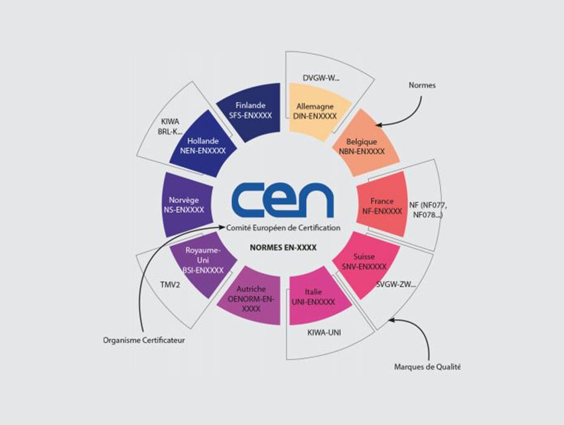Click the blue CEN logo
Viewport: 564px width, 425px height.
(283, 200)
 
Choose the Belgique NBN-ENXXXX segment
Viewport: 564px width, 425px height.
(364, 145)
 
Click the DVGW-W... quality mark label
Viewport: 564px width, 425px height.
(321, 78)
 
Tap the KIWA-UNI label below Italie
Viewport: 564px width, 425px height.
(324, 333)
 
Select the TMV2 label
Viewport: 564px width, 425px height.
(170, 285)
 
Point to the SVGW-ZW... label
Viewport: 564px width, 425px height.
(396, 284)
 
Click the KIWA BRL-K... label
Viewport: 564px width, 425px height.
(170, 127)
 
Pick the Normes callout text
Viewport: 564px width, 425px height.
(422, 86)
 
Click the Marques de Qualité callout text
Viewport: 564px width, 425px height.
(427, 367)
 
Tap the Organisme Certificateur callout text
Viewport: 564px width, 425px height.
(144, 340)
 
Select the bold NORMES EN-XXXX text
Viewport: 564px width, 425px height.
(283, 248)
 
